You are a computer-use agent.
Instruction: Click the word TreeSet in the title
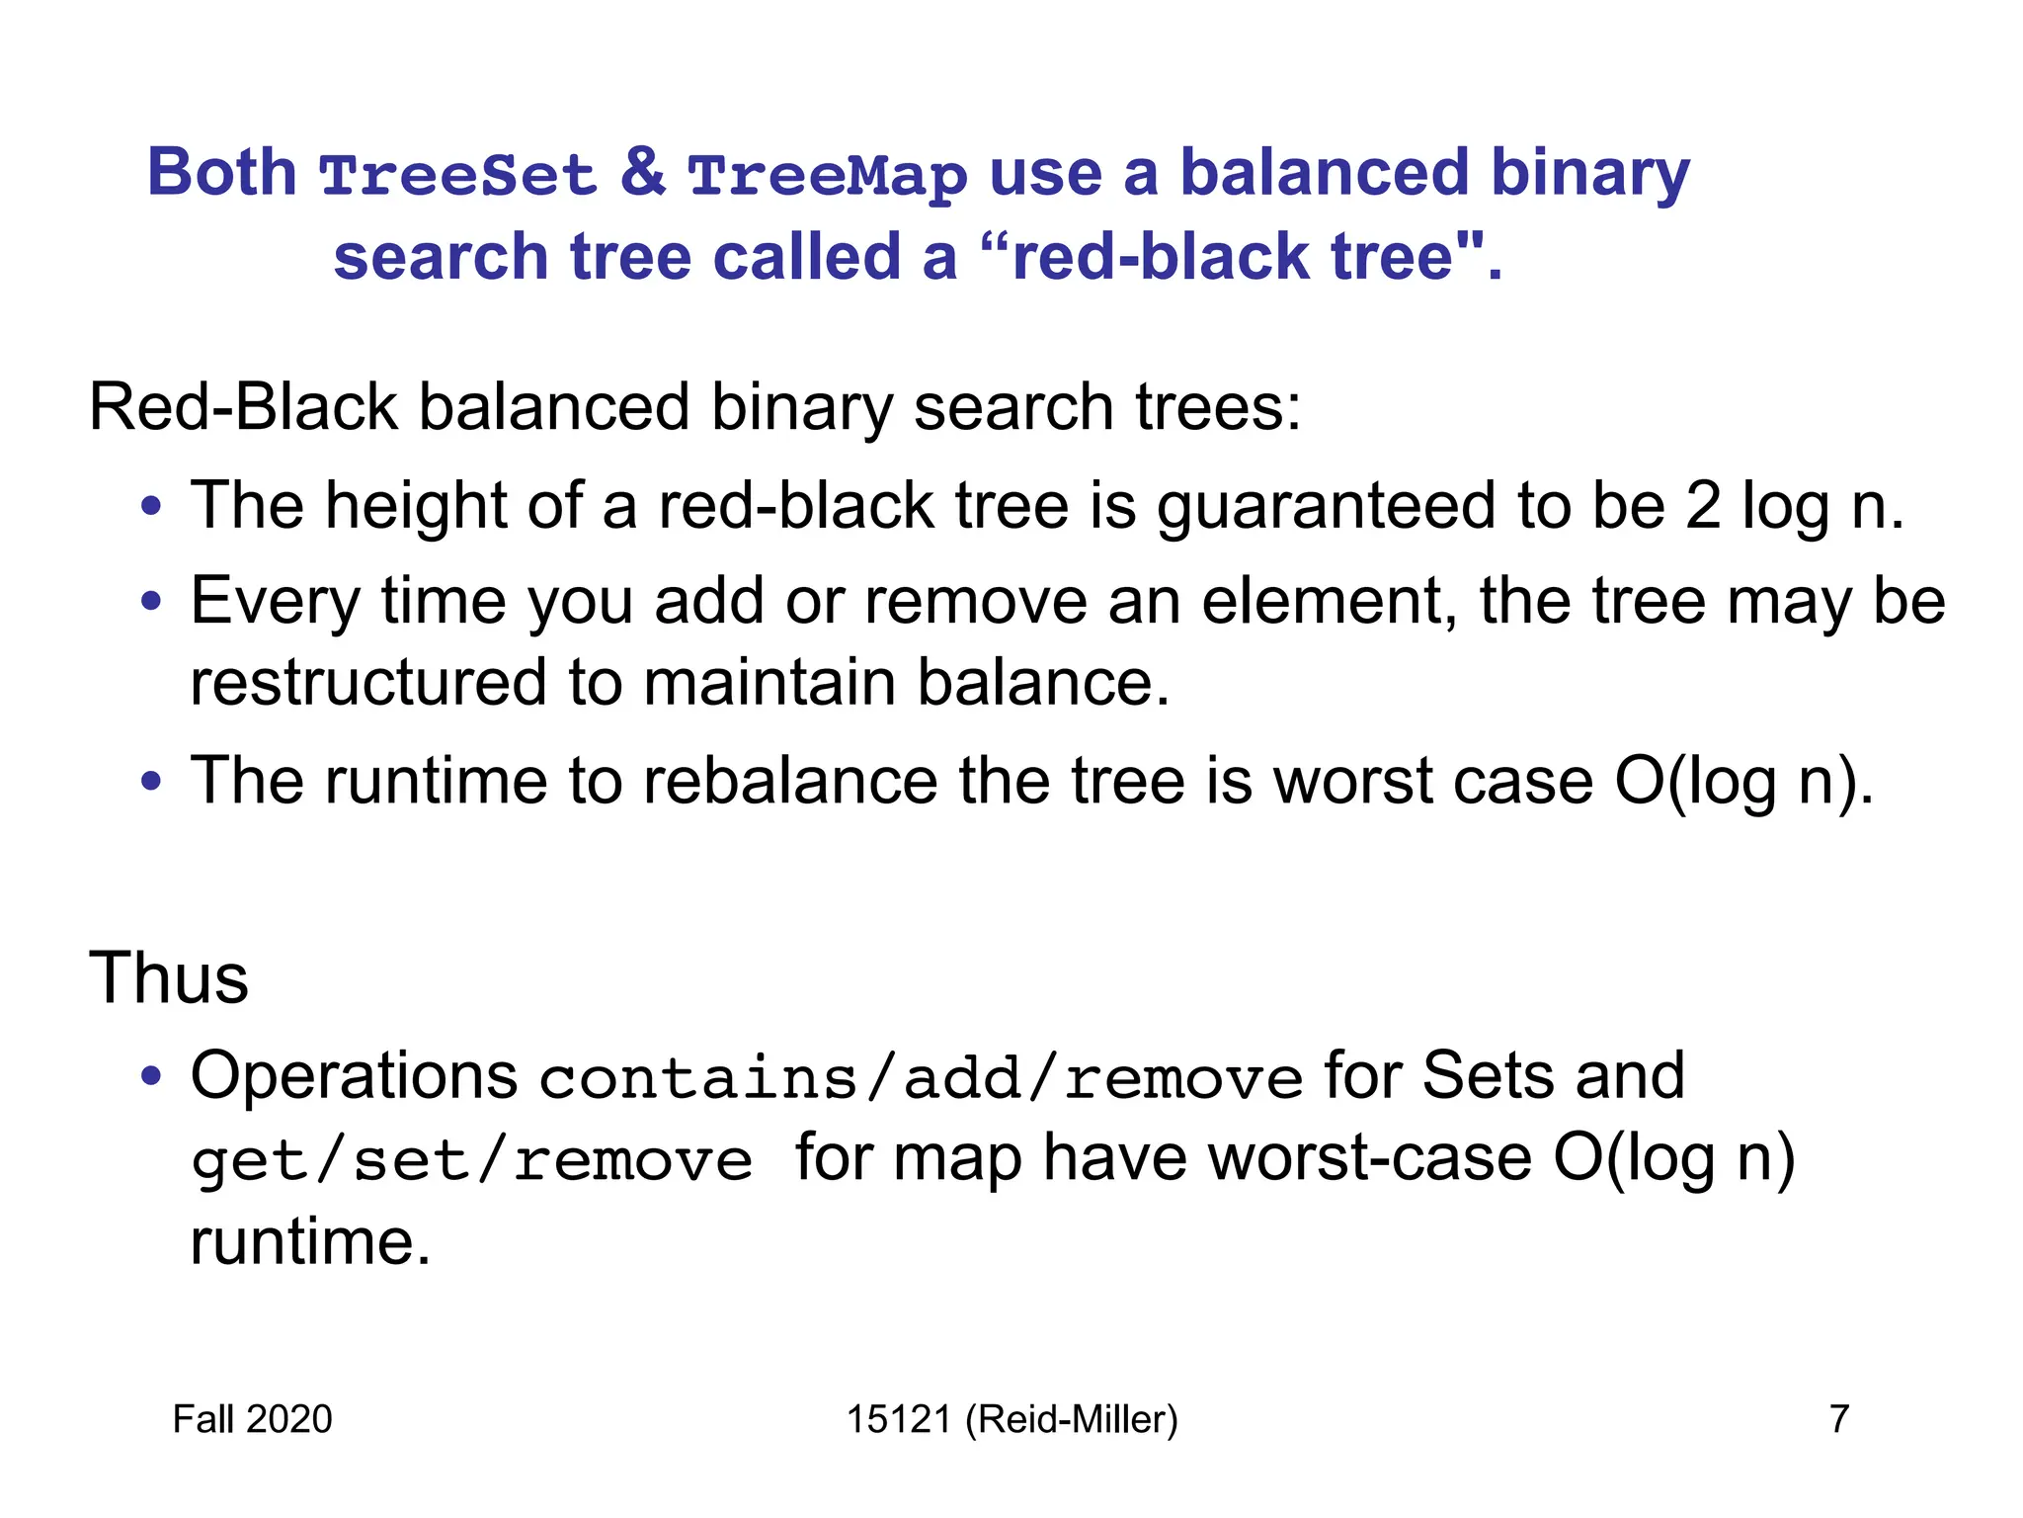(458, 176)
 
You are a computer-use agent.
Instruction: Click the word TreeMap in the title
(828, 176)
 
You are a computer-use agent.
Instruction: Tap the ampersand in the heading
(643, 173)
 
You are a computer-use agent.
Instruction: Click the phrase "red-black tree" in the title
(1231, 257)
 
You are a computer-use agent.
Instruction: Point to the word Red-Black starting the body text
(243, 407)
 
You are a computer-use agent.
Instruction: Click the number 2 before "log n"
(1703, 505)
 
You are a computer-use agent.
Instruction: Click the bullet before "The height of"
(150, 507)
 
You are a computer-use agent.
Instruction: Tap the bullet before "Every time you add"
(150, 601)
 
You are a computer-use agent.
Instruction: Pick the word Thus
(169, 978)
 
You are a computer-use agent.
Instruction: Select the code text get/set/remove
(472, 1160)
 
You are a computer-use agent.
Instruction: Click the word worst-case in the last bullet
(1370, 1158)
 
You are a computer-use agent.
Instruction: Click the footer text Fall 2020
(253, 1419)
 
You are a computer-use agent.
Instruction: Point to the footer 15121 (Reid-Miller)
(1012, 1419)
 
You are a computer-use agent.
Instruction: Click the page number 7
(1839, 1419)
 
